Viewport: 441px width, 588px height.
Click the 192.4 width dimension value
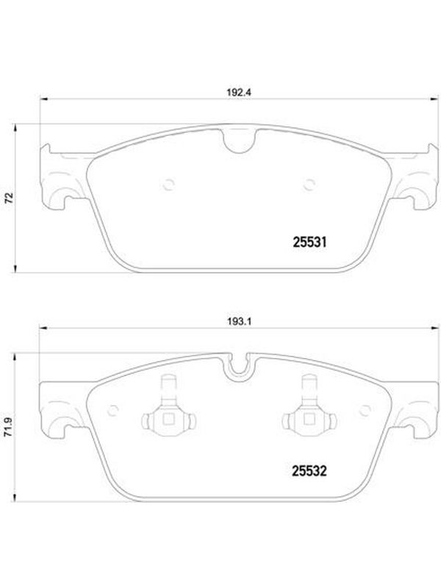click(x=238, y=93)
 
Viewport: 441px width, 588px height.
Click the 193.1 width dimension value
click(x=238, y=321)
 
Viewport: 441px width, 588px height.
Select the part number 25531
click(x=309, y=243)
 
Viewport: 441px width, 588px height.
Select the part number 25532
click(x=309, y=471)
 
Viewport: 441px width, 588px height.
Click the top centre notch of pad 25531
click(x=240, y=142)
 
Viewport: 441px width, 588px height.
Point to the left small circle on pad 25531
click(x=169, y=184)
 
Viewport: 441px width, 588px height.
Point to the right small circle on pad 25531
click(x=309, y=184)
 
